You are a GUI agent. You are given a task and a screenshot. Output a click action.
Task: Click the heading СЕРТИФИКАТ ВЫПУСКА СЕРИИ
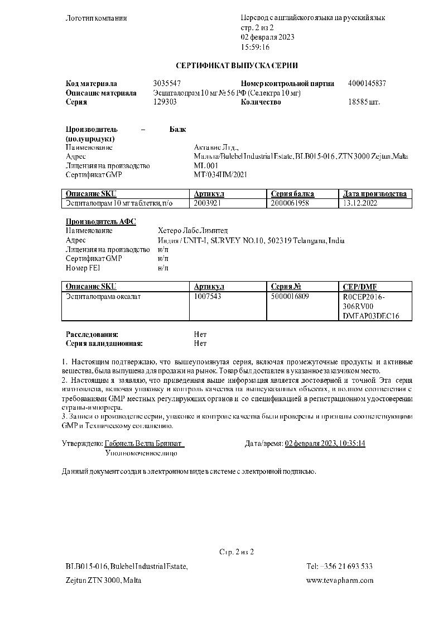coord(237,65)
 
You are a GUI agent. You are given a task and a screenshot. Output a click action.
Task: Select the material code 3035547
coord(167,84)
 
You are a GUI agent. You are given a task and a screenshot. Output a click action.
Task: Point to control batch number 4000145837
coord(367,84)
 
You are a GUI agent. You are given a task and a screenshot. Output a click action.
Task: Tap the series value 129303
coord(165,102)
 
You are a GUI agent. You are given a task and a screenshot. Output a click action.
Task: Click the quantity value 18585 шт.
coord(364,102)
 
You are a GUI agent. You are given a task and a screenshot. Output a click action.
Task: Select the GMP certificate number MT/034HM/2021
coord(220,175)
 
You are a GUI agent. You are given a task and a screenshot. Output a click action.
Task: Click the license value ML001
coord(206,166)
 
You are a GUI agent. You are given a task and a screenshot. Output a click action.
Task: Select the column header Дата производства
coord(375,194)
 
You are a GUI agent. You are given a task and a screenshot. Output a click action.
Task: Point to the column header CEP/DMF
coord(360,287)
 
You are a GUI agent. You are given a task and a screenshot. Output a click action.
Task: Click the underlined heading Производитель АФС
coord(101,222)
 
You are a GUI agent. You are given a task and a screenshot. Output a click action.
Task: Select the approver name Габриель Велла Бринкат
coord(144,444)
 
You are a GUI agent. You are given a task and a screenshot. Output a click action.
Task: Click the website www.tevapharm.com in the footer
coord(340,581)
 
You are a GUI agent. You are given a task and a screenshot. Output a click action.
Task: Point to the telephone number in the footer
coord(339,567)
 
